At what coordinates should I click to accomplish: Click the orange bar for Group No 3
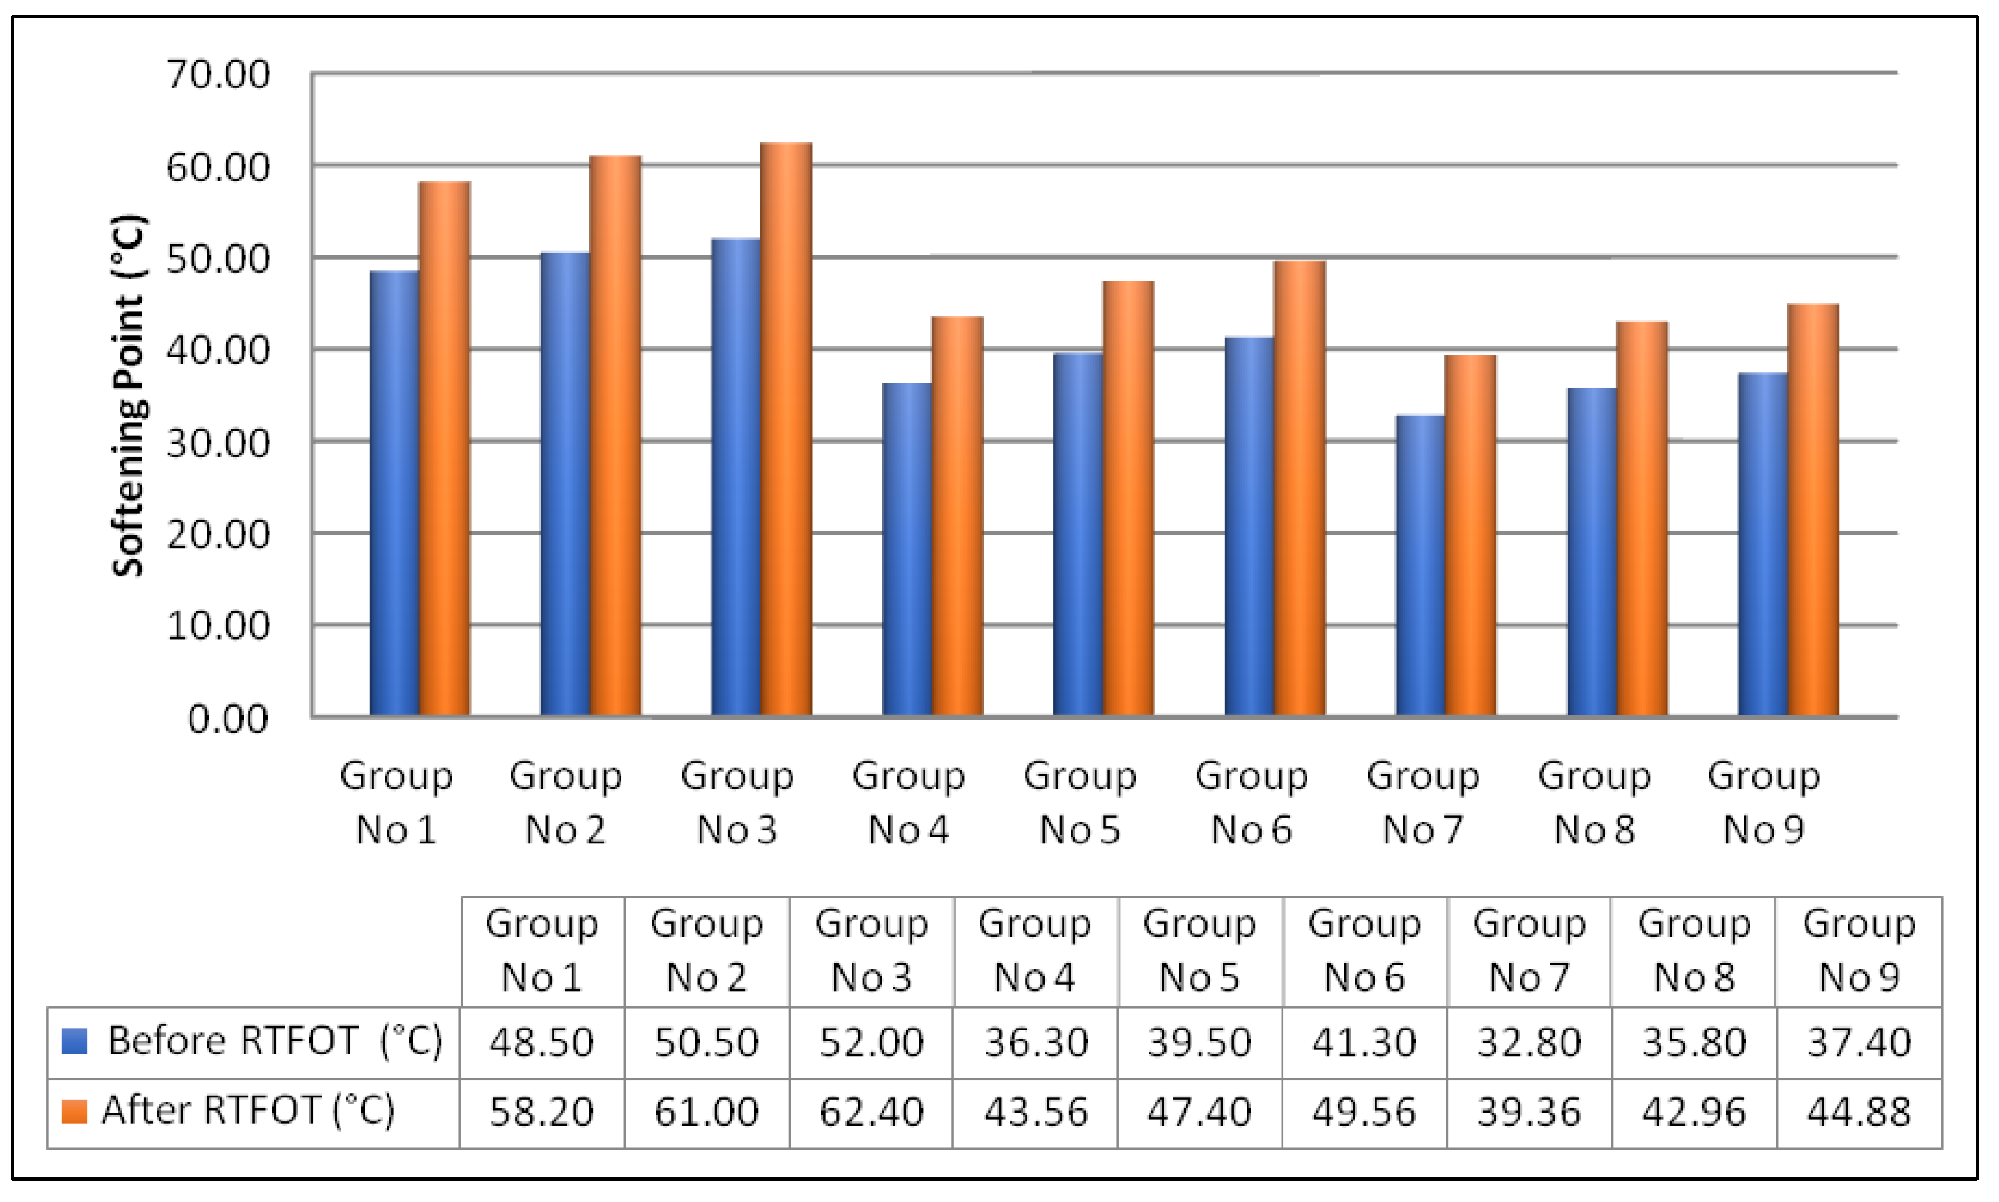point(786,429)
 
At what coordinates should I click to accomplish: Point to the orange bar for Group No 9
point(1813,511)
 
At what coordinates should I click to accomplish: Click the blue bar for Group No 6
point(1249,527)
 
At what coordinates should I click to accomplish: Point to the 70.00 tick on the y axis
point(217,74)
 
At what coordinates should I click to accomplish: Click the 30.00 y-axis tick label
point(217,443)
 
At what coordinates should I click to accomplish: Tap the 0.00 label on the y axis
point(227,719)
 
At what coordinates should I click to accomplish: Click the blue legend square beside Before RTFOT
point(74,1041)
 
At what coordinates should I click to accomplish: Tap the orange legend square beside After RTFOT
point(74,1112)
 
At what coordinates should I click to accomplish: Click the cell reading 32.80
point(1528,1043)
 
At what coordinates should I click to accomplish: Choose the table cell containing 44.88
point(1858,1112)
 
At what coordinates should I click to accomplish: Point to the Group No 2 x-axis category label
point(565,802)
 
